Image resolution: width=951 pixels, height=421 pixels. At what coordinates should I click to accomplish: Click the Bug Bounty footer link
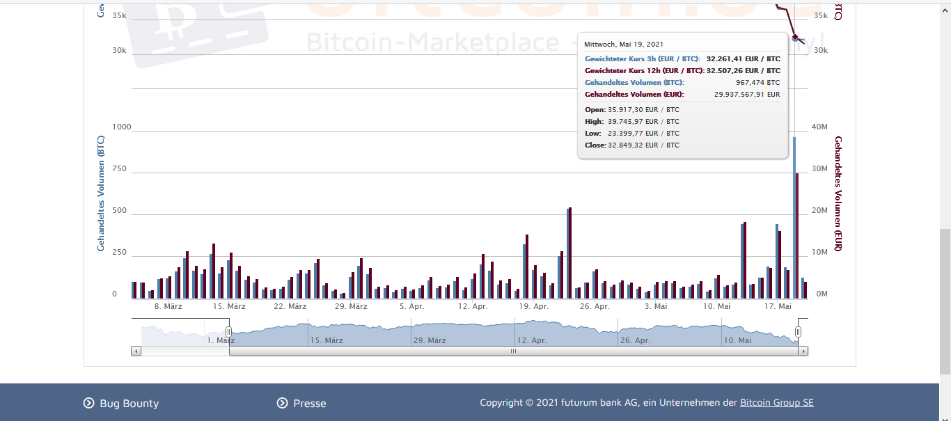[x=129, y=403]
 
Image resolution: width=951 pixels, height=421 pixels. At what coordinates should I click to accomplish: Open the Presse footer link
[x=309, y=403]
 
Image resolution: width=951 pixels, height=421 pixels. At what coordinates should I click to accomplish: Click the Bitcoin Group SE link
[x=776, y=402]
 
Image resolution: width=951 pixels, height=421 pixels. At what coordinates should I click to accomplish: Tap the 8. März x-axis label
[x=168, y=306]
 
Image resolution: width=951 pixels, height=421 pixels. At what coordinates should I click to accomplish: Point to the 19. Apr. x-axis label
[x=534, y=306]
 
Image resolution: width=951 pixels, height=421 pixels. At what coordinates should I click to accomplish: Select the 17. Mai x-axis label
[x=778, y=306]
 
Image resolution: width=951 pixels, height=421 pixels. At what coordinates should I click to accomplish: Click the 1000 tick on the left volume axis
[x=121, y=127]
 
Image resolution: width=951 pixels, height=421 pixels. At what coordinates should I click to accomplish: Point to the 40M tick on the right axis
[x=820, y=127]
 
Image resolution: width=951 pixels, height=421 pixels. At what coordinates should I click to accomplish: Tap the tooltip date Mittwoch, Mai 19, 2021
[x=624, y=44]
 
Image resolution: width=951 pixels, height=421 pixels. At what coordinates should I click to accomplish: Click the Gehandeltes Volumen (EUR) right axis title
[x=838, y=194]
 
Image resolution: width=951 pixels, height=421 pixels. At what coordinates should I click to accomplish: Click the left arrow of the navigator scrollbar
[x=136, y=351]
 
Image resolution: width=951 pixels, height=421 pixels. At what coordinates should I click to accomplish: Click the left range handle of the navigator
[x=228, y=332]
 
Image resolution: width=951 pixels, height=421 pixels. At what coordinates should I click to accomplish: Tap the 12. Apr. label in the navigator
[x=532, y=340]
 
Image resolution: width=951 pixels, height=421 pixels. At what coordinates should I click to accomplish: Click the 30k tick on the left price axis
[x=119, y=50]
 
